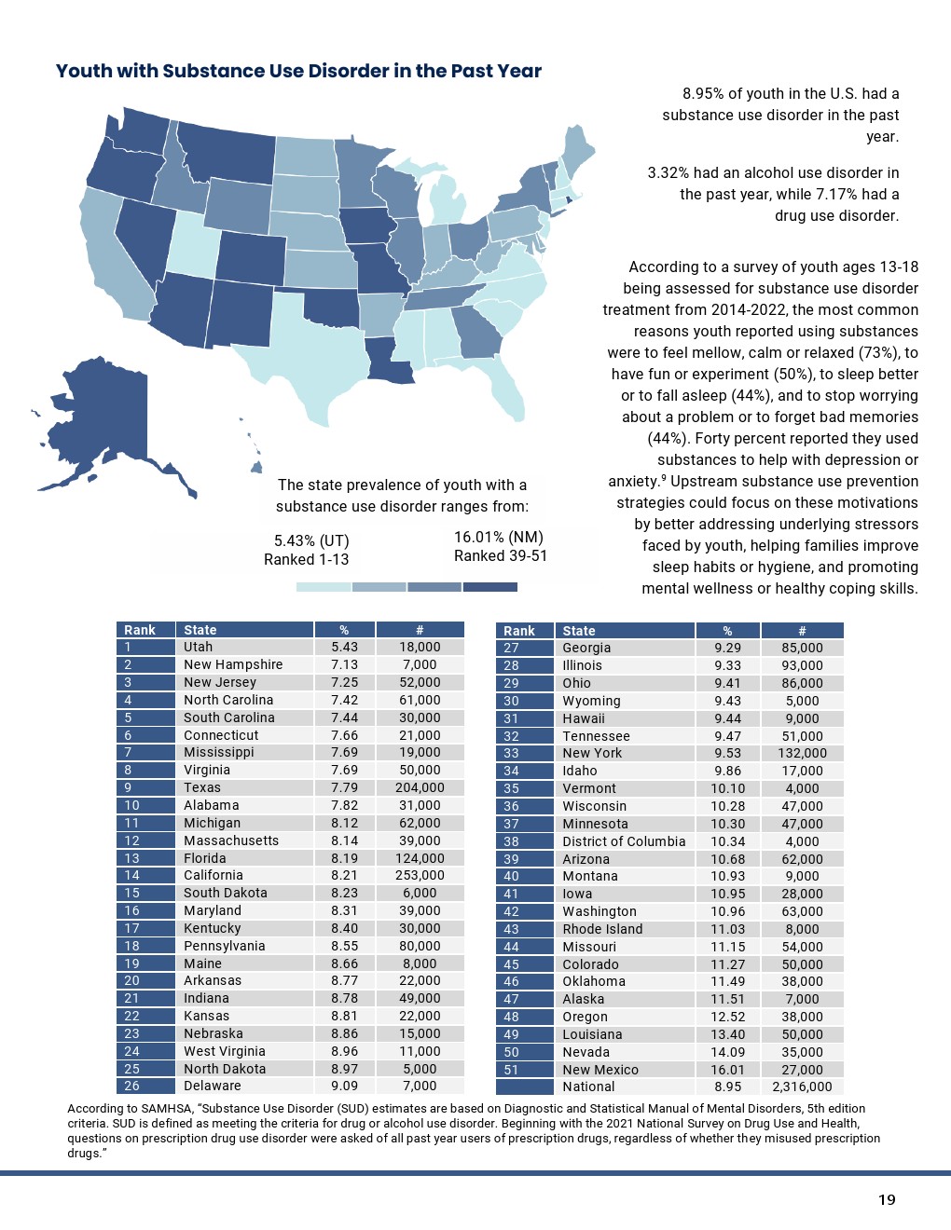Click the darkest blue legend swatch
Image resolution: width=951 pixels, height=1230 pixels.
489,587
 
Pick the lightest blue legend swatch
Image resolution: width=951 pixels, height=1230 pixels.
324,587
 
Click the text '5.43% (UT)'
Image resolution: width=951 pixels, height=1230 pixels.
311,540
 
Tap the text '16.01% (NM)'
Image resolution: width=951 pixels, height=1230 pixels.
498,537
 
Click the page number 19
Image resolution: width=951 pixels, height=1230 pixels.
886,1199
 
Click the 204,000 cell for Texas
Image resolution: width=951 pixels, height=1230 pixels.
420,787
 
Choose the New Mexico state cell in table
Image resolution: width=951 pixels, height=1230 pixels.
600,1070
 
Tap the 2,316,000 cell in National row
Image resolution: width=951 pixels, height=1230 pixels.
802,1086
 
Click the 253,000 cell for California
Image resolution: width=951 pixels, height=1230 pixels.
420,875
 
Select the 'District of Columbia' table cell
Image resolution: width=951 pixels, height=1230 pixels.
624,841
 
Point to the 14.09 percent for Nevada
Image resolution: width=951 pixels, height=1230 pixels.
727,1052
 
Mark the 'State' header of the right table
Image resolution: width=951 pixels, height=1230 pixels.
579,631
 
